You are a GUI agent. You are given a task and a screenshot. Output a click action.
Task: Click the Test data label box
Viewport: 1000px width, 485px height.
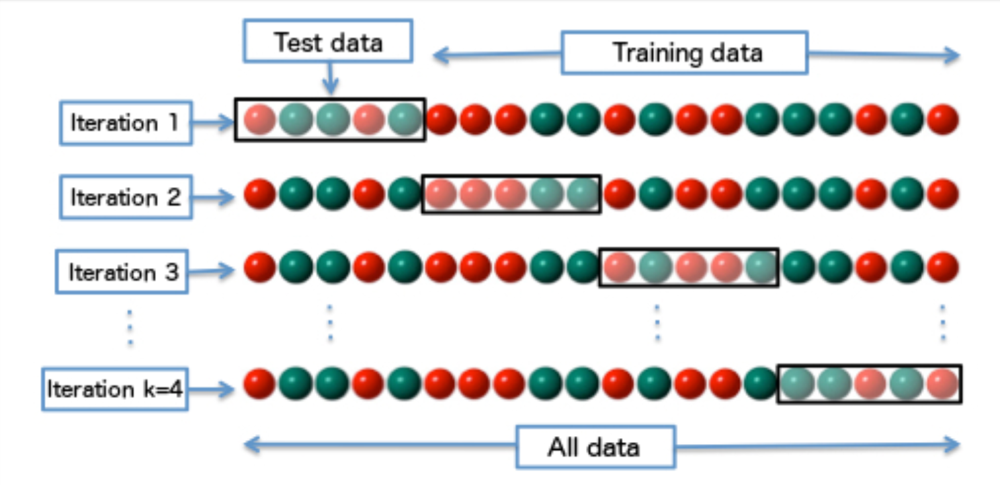pyautogui.click(x=328, y=40)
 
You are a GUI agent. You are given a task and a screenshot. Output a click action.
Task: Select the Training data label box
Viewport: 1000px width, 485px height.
pyautogui.click(x=685, y=53)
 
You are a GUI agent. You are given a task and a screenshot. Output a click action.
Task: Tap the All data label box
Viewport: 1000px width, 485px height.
pyautogui.click(x=596, y=447)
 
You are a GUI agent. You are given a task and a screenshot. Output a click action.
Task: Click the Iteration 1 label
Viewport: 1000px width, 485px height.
pyautogui.click(x=126, y=123)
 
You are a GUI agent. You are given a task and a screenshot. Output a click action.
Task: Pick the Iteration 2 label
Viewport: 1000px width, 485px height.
pyautogui.click(x=126, y=197)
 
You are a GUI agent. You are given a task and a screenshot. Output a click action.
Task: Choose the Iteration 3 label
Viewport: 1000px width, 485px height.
pyautogui.click(x=122, y=272)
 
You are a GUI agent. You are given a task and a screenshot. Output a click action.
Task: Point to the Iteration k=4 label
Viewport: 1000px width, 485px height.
pyautogui.click(x=115, y=389)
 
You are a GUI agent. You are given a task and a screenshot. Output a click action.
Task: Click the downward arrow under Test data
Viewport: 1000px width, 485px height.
pyautogui.click(x=331, y=79)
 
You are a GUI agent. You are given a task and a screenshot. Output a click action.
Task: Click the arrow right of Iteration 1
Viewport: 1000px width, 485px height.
pyautogui.click(x=214, y=122)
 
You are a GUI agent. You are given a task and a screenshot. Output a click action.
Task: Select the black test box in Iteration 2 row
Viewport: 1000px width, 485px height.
pyautogui.click(x=511, y=194)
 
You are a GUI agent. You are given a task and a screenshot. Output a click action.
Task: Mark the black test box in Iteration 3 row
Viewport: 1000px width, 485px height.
pyautogui.click(x=689, y=267)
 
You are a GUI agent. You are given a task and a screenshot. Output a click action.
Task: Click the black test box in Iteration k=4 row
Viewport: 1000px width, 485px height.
pyautogui.click(x=869, y=384)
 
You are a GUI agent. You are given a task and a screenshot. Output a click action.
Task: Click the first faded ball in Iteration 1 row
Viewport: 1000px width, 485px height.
pyautogui.click(x=260, y=120)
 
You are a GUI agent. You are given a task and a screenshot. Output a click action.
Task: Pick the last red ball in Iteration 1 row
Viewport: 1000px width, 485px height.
pyautogui.click(x=943, y=120)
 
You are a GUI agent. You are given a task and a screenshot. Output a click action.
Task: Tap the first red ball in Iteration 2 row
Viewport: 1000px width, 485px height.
pyautogui.click(x=260, y=194)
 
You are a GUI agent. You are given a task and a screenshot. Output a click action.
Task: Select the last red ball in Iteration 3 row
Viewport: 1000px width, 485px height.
pyautogui.click(x=943, y=267)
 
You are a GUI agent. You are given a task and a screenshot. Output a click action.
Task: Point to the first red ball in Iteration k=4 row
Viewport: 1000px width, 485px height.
pyautogui.click(x=259, y=384)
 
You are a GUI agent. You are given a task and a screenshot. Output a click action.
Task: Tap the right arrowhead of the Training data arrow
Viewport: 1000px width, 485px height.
pyautogui.click(x=952, y=56)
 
